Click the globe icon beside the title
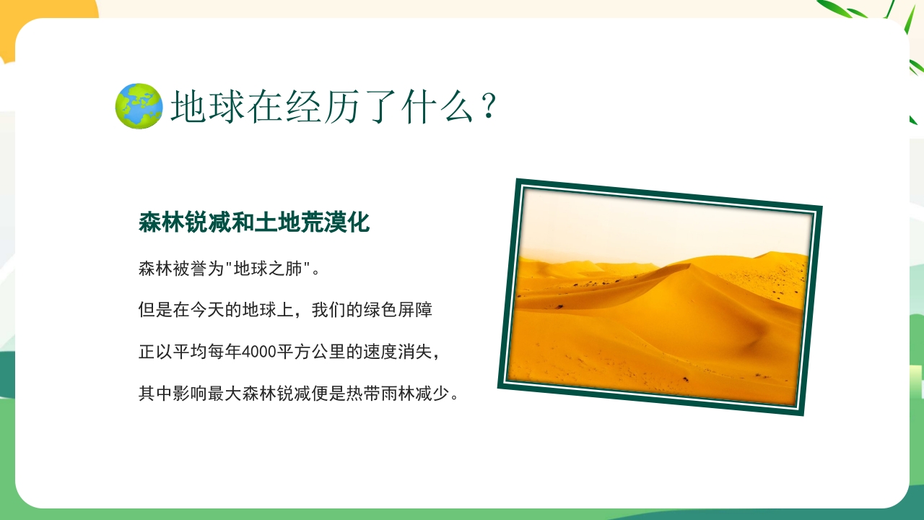click(x=139, y=106)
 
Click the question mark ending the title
click(x=489, y=106)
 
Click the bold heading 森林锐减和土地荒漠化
click(x=254, y=222)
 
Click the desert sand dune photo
click(x=660, y=311)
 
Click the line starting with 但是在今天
click(x=285, y=311)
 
